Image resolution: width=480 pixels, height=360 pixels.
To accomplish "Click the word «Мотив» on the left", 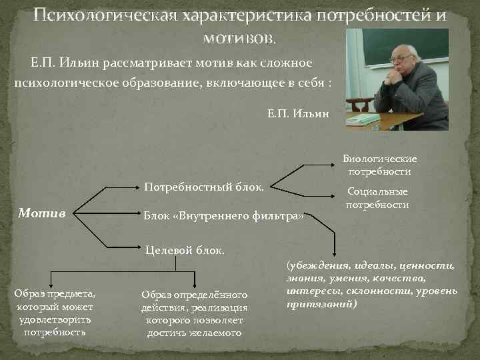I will (x=41, y=213).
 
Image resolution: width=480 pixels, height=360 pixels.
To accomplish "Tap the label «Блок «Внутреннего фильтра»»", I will (x=224, y=215).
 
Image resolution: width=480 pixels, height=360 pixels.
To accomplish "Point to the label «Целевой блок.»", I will (x=185, y=250).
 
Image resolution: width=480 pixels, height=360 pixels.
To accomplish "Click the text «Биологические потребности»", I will (x=380, y=165).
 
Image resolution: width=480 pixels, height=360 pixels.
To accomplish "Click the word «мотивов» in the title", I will (x=237, y=38).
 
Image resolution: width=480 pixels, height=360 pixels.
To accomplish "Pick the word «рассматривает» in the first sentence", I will (x=137, y=63).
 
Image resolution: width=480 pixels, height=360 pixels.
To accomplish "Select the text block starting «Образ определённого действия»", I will (x=194, y=313).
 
